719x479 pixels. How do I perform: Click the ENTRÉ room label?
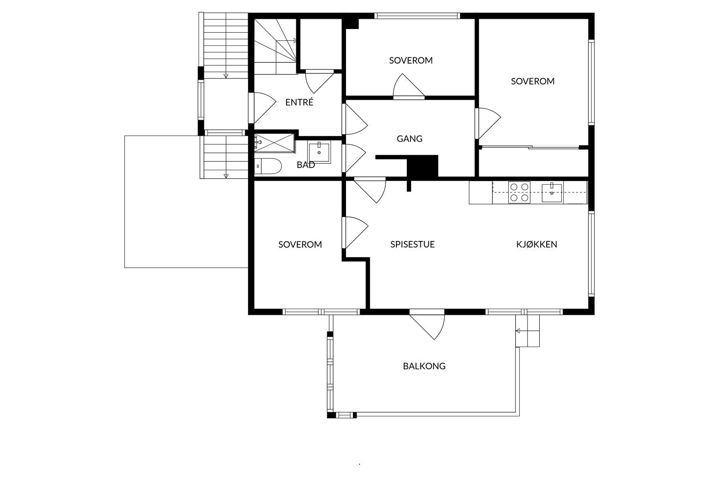299,102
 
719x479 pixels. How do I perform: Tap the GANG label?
409,138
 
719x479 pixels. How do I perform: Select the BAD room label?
306,165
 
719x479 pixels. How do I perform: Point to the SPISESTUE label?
412,244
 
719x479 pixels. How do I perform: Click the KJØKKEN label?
537,244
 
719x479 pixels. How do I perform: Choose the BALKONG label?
424,366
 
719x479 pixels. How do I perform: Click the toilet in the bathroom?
268,166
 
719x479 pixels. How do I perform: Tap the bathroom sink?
319,152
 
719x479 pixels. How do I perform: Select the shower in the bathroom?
274,143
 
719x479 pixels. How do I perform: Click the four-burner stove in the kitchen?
519,192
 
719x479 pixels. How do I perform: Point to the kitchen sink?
552,193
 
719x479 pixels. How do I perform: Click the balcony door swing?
427,326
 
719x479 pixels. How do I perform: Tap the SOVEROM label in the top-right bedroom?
533,81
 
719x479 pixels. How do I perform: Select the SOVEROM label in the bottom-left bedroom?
300,245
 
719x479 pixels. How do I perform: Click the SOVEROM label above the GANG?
411,60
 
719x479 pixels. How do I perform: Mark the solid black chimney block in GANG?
422,166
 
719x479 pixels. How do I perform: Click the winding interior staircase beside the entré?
275,46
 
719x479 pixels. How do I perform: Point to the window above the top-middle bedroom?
417,16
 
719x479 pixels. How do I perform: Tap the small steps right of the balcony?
528,331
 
